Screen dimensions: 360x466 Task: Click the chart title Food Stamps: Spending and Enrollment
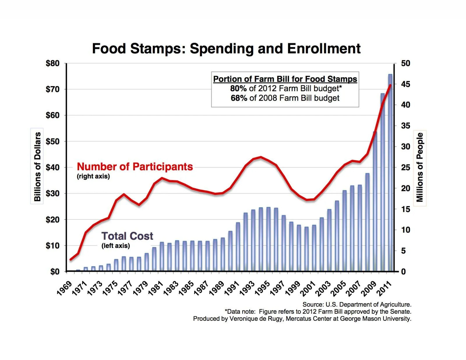click(226, 49)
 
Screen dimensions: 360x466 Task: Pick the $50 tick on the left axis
click(52, 141)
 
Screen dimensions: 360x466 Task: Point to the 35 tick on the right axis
click(405, 126)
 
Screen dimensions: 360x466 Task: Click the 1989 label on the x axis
click(217, 288)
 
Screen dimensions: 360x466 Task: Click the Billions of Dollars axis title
click(37, 166)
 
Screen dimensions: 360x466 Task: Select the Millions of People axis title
click(420, 167)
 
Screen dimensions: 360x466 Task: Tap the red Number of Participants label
click(135, 166)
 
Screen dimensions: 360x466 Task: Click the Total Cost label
click(127, 236)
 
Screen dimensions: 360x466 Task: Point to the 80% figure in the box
click(238, 88)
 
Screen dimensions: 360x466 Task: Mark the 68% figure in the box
click(239, 98)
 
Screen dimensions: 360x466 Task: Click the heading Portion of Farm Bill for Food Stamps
click(285, 79)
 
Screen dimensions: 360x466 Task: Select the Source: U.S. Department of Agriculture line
click(357, 304)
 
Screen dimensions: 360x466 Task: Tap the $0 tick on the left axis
click(54, 272)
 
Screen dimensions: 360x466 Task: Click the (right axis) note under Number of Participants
click(93, 176)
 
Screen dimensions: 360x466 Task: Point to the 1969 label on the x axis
click(64, 288)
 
